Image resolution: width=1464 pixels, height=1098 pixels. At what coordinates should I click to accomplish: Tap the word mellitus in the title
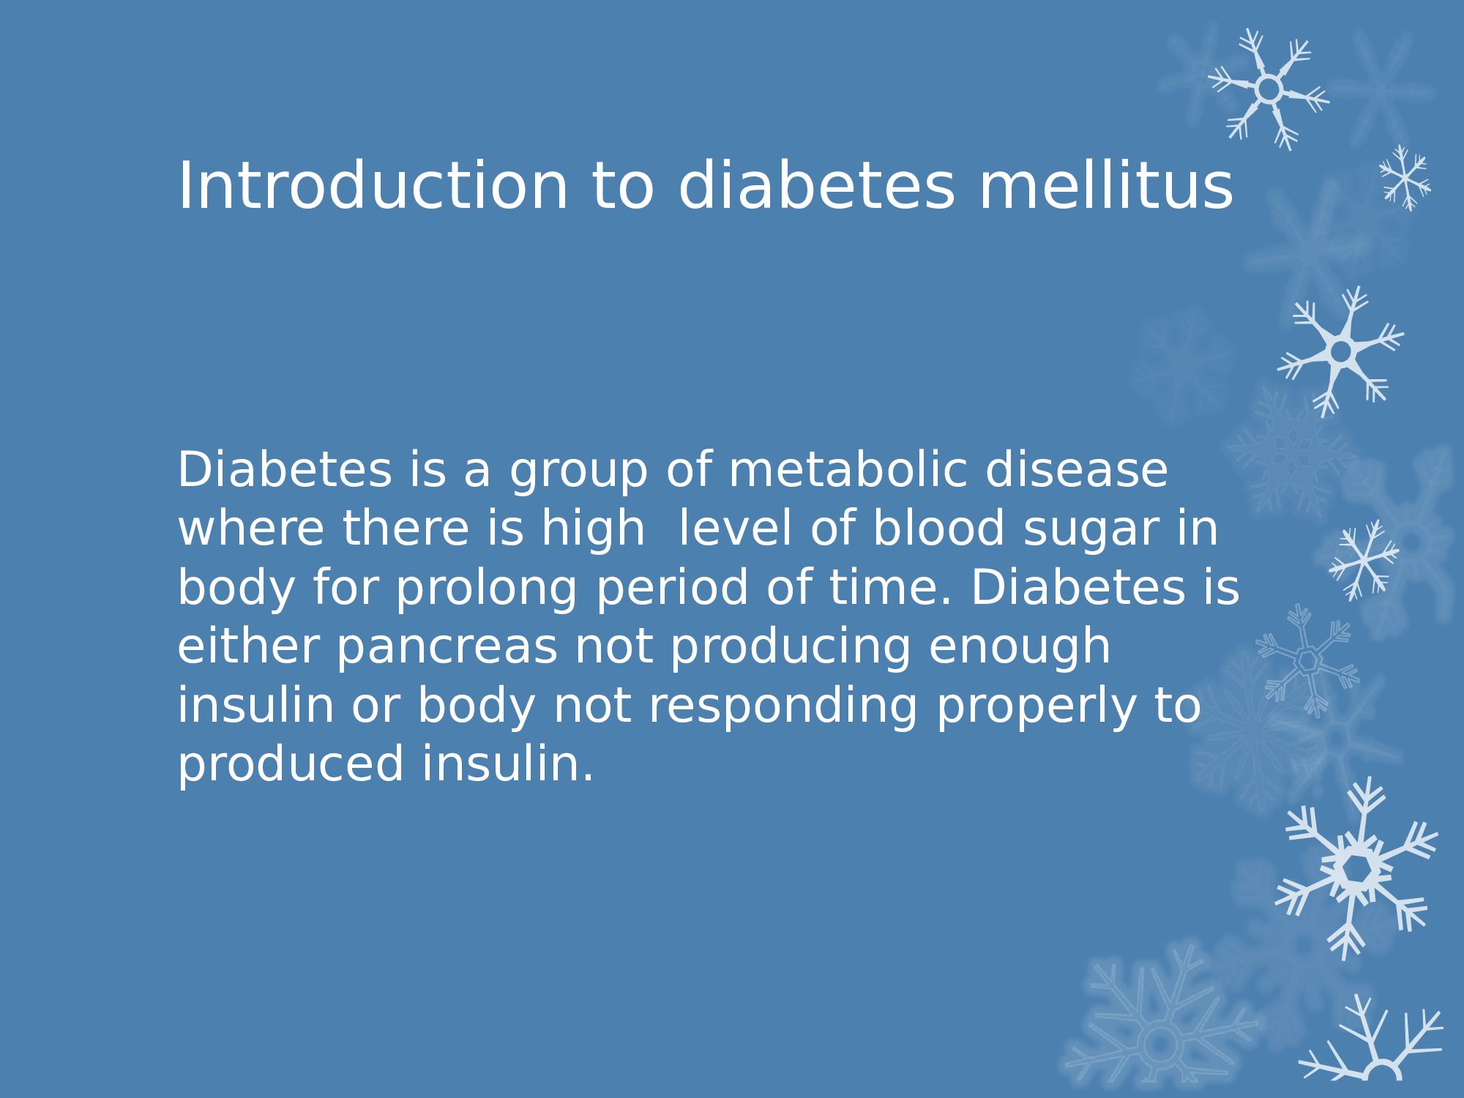point(1106,186)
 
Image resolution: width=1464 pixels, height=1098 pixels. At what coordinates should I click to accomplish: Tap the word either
point(248,646)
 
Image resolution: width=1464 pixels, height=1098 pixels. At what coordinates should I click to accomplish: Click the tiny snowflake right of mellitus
point(1405,178)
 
